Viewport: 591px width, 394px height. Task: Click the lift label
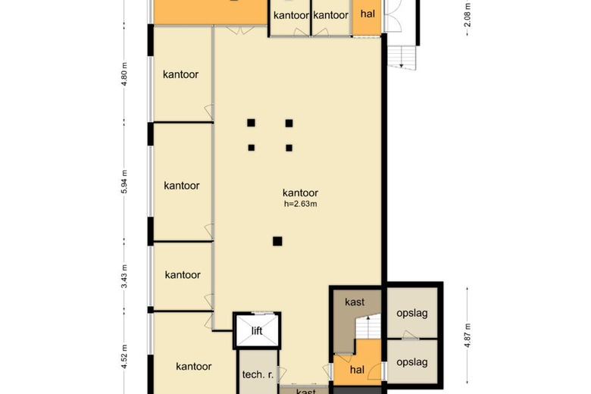(257, 331)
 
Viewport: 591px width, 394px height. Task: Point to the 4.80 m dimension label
(124, 74)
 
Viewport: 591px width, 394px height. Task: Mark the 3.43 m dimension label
(124, 277)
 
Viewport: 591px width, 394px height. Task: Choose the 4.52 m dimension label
(124, 355)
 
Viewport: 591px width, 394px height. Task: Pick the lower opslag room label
(413, 362)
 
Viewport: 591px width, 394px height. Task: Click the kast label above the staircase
(355, 302)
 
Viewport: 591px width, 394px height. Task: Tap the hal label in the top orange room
(367, 14)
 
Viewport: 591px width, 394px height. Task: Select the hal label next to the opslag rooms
(357, 369)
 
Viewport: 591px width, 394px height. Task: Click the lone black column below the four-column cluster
(277, 242)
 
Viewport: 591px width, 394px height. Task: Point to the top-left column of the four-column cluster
(251, 123)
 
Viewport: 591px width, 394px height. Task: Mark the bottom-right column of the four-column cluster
(289, 148)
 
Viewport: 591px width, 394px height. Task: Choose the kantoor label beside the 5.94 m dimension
(182, 186)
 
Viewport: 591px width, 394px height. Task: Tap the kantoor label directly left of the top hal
(330, 15)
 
